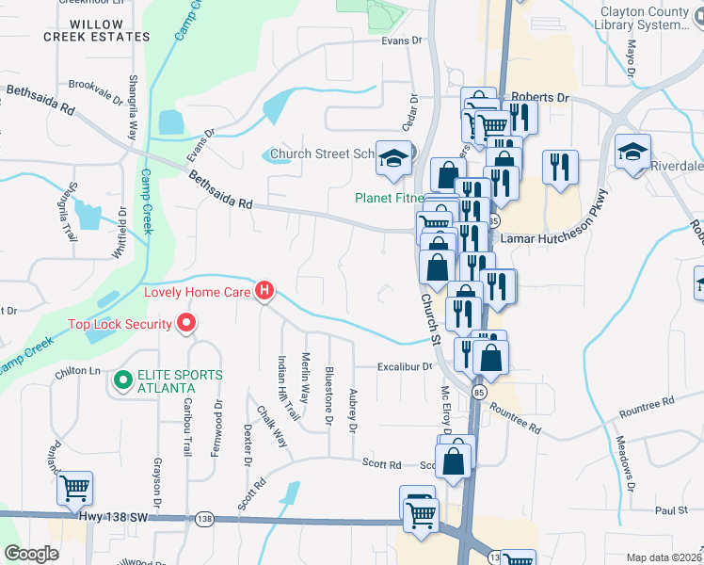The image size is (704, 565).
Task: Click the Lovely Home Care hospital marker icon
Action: coord(264,292)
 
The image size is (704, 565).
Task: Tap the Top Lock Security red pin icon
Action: coord(185,325)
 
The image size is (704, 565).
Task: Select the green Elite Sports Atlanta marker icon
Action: coord(121,381)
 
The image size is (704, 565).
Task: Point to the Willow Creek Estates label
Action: coord(97,30)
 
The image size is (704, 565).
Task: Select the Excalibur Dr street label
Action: coord(404,367)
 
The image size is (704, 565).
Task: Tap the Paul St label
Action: coord(671,510)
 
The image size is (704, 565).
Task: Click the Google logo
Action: coord(31,554)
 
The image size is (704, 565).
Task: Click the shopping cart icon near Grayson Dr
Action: coord(74,488)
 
